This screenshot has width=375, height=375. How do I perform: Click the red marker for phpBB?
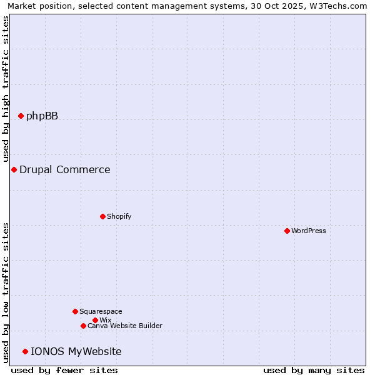21,116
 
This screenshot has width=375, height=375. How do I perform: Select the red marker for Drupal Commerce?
14,169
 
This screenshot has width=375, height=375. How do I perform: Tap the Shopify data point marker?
102,216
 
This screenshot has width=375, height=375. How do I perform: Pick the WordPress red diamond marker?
287,231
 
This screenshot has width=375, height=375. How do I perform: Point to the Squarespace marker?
75,311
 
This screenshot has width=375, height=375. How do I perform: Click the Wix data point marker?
95,320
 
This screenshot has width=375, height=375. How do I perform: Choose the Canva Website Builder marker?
83,326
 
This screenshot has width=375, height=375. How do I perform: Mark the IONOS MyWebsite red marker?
25,351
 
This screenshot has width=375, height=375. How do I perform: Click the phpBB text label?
42,116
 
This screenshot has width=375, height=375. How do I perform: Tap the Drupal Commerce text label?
64,169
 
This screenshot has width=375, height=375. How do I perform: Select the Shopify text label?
119,216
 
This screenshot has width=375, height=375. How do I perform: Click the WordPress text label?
308,231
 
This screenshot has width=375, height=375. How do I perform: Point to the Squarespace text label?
101,311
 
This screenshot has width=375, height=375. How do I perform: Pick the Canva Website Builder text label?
124,326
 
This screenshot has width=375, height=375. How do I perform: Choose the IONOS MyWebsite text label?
76,351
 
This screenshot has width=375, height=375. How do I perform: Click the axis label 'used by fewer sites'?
64,370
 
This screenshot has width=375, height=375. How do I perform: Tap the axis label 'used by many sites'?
314,370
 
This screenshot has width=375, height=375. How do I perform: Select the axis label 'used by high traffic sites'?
6,88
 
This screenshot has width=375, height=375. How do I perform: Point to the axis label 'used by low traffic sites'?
6,292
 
